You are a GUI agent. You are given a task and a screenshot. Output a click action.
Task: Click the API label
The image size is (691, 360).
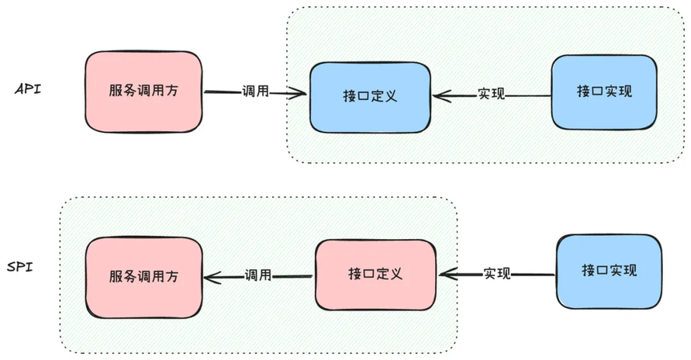(x=28, y=89)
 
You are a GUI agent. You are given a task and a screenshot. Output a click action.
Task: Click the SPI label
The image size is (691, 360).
(x=20, y=266)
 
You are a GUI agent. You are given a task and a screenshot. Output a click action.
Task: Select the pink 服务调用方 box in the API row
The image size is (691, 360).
(x=144, y=92)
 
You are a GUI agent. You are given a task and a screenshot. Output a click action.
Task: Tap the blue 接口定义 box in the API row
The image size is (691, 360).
(x=370, y=98)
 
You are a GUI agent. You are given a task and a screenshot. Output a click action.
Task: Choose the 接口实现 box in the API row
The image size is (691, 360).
(x=604, y=92)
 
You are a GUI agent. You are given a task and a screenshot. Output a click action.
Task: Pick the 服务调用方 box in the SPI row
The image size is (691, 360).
(x=144, y=278)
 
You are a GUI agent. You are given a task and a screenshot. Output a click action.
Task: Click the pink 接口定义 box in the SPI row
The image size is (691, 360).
(x=375, y=275)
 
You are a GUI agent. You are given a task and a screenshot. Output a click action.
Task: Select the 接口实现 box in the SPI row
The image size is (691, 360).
(x=609, y=271)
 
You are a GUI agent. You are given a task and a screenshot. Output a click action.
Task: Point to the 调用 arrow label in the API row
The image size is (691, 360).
(x=256, y=91)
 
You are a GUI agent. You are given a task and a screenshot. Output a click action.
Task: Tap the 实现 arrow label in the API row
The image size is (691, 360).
(x=491, y=94)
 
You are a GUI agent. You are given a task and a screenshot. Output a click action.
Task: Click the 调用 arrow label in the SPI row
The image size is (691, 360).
(x=258, y=275)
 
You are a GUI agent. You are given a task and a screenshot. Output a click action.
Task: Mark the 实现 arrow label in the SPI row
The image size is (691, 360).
(x=497, y=273)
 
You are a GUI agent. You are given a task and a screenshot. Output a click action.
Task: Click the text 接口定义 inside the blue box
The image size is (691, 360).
(x=370, y=96)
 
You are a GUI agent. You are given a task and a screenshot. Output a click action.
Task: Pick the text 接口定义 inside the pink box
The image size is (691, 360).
(x=375, y=274)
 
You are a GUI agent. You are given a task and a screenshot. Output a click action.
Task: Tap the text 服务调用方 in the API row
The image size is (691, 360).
(x=144, y=90)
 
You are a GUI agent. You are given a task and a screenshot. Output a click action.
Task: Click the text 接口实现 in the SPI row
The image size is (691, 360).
(x=609, y=270)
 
